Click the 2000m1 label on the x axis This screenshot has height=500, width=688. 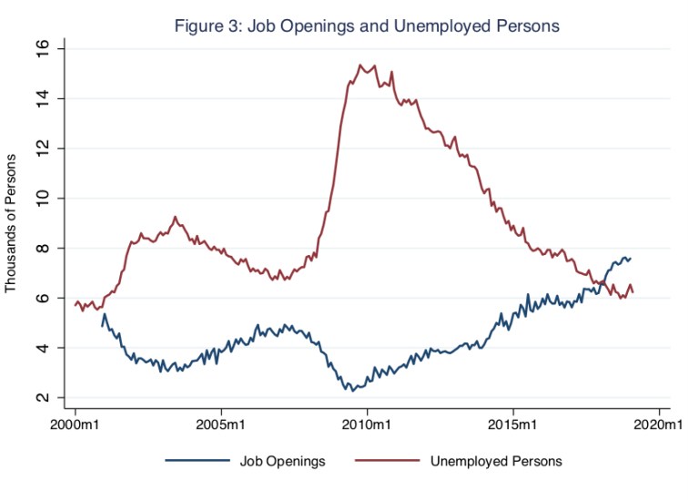coord(75,424)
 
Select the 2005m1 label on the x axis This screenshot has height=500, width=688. coord(220,424)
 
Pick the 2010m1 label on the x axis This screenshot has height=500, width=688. coord(367,424)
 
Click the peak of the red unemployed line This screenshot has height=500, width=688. coord(360,65)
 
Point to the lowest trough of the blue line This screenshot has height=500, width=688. coord(351,390)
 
